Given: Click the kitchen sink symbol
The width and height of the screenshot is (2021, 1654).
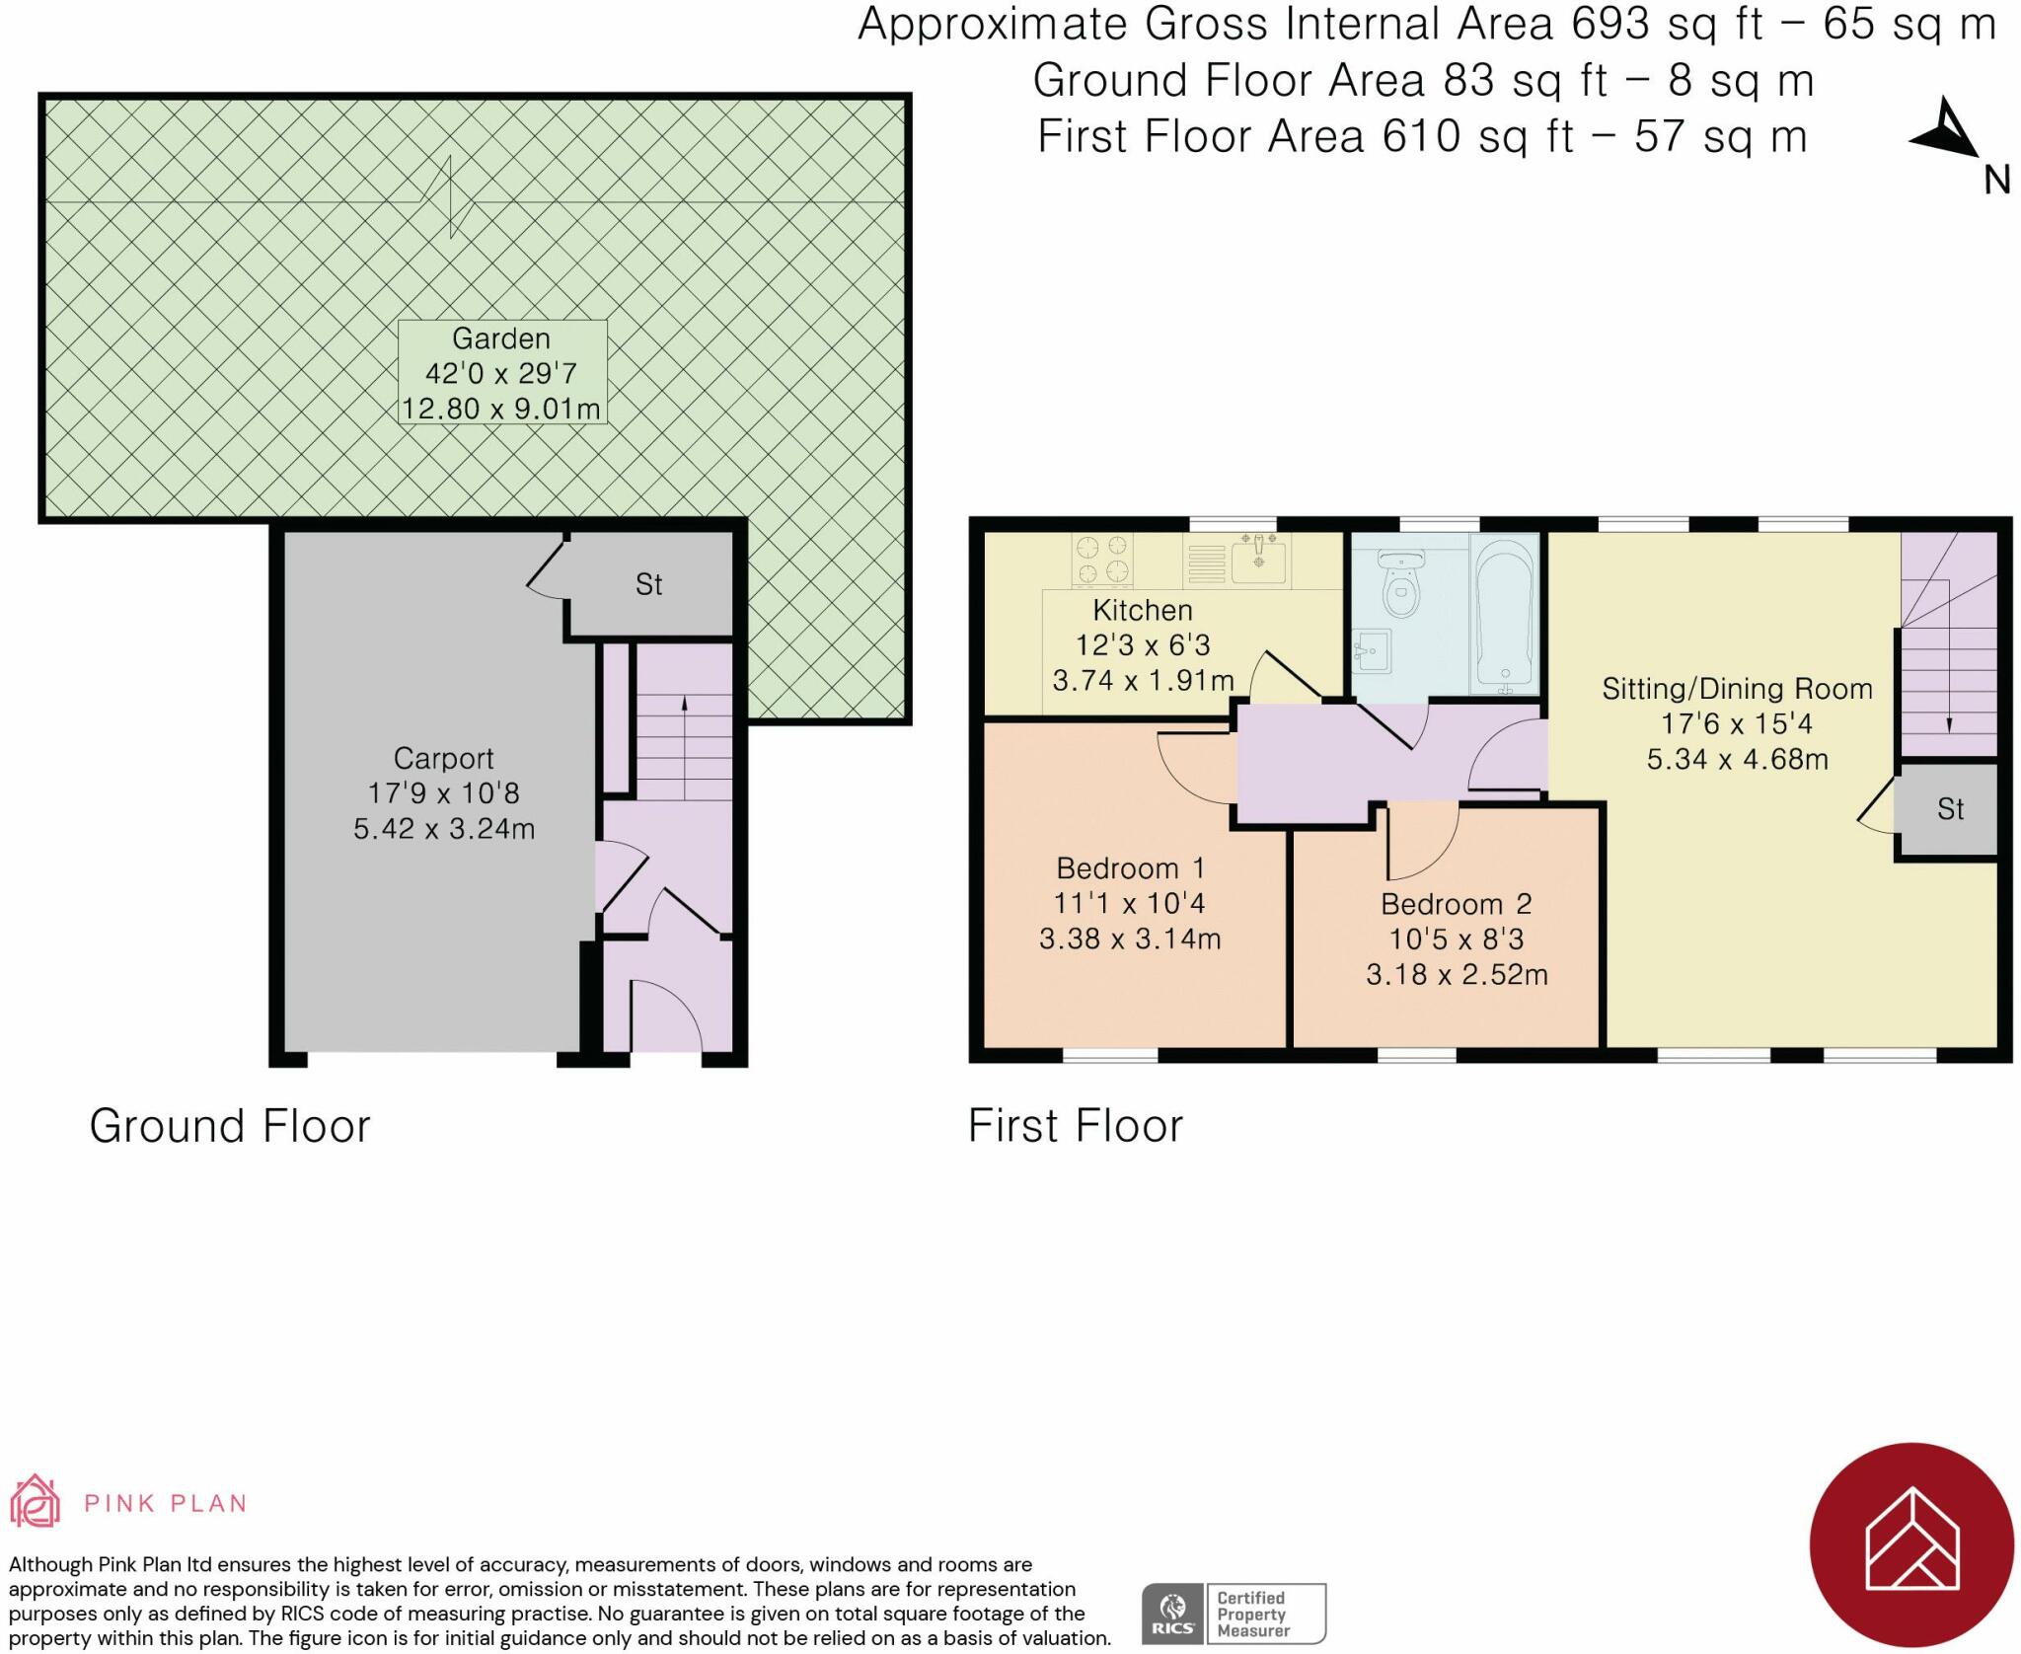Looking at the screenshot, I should click(x=1258, y=561).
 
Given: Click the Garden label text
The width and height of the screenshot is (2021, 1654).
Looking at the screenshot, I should click(x=501, y=338).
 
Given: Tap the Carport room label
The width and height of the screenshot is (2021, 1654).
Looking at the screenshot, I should click(x=443, y=758).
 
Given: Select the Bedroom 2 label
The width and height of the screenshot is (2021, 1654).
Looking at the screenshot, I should click(x=1456, y=904).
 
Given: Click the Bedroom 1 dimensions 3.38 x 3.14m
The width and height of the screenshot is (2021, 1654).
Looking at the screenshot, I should click(x=1130, y=939).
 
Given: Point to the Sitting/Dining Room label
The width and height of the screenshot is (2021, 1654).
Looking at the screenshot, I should click(x=1737, y=689).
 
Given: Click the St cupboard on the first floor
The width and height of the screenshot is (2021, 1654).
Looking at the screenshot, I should click(x=1950, y=809).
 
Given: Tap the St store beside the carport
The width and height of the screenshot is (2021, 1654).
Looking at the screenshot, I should click(x=648, y=585).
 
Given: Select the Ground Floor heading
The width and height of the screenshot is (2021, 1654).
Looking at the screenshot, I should click(x=230, y=1126).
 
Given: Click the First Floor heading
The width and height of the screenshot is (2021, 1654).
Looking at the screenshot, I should click(x=1075, y=1126).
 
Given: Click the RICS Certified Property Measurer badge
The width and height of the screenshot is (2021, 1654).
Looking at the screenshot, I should click(x=1234, y=1614).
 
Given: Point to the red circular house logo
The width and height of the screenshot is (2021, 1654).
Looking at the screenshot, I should click(x=1910, y=1544).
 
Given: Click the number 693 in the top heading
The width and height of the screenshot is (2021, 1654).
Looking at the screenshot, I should click(x=1609, y=24).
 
